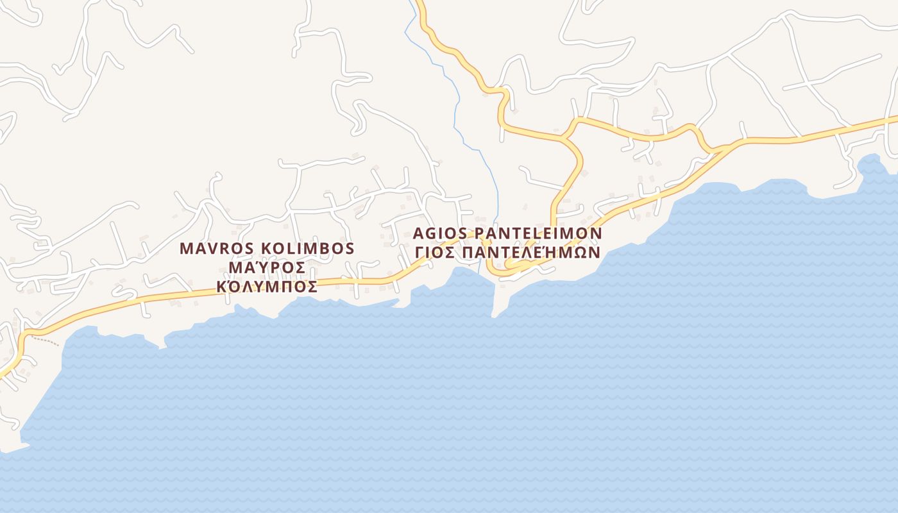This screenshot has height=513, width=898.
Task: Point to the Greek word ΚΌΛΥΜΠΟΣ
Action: pyautogui.click(x=267, y=287)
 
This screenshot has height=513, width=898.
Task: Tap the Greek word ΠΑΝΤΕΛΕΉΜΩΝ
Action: pyautogui.click(x=531, y=252)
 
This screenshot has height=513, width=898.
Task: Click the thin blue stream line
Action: pyautogui.click(x=457, y=103)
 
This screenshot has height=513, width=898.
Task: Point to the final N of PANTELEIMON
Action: pyautogui.click(x=597, y=233)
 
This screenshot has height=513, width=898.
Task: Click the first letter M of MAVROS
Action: pyautogui.click(x=186, y=249)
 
